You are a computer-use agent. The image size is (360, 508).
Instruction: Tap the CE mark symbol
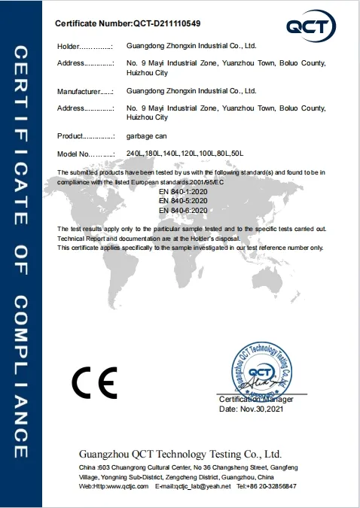[94, 384]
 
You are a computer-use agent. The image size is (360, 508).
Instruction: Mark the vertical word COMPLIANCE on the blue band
[21, 376]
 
